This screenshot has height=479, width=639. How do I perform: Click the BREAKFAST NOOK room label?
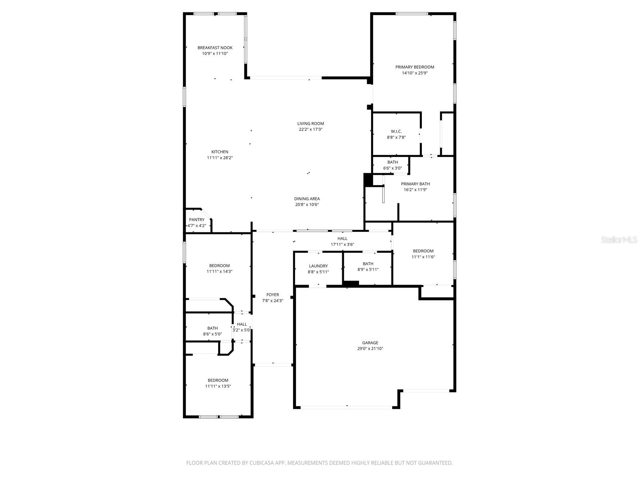pos(215,48)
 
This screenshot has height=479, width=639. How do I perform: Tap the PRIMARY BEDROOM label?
pos(415,67)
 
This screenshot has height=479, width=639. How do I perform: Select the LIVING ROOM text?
pos(310,124)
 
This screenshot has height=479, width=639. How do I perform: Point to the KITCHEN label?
pos(220,152)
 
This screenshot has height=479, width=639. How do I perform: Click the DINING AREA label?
pos(307,199)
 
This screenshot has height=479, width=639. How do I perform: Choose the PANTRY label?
pos(197,220)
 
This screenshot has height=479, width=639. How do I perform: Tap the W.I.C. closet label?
pos(396,131)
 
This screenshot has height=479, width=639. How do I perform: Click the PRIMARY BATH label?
pos(415,184)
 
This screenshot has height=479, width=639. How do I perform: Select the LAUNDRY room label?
pos(318,266)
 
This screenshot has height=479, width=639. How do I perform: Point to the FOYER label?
pos(272,295)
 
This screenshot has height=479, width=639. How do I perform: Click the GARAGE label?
pos(370,342)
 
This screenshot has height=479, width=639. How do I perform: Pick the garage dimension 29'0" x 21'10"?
pos(370,348)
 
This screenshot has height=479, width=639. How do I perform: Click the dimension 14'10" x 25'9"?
pos(415,73)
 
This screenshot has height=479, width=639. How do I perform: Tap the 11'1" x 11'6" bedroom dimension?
pos(423,257)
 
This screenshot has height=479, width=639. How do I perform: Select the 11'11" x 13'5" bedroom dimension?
pos(218,386)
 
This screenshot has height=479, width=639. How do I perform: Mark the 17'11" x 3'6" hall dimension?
pos(342,244)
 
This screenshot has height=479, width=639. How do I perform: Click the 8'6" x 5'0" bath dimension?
pos(212,334)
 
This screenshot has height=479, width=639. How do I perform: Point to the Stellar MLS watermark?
pos(619,239)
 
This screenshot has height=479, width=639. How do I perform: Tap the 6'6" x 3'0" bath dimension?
pos(393,168)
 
